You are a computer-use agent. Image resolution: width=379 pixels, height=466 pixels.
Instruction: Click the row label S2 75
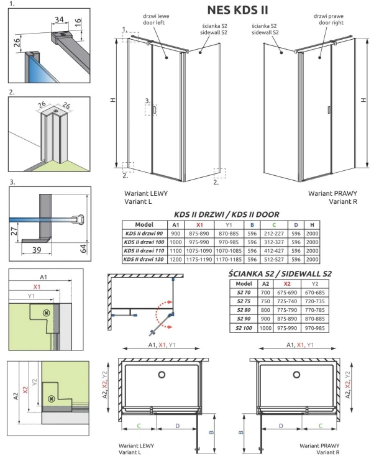tap(244, 301)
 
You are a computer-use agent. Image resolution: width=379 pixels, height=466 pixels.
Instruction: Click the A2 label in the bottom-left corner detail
tap(13, 394)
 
